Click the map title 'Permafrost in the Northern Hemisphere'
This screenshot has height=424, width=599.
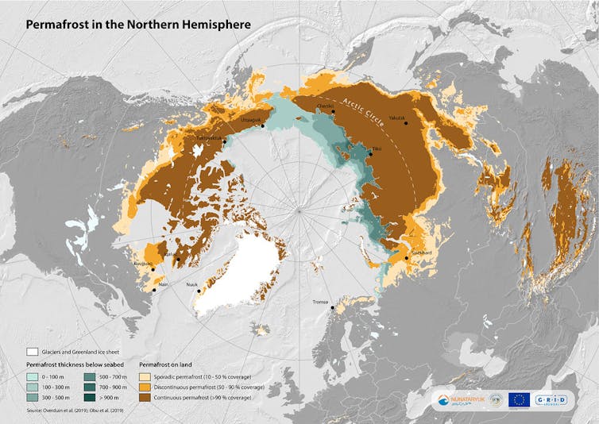pos(138,25)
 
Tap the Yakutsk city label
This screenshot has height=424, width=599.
pos(398,118)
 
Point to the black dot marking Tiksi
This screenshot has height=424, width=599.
pos(369,154)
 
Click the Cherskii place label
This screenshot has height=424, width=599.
pos(324,106)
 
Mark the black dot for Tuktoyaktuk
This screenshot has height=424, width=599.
pos(225,142)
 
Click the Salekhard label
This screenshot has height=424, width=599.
pos(420,253)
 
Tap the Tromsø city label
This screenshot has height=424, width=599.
pos(320,302)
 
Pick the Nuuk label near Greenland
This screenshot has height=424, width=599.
pos(191,283)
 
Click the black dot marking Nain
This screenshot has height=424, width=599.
pos(154,290)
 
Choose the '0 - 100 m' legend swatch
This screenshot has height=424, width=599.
pos(33,374)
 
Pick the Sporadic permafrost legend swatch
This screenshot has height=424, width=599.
pos(147,374)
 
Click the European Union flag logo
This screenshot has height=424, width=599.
pos(519,399)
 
